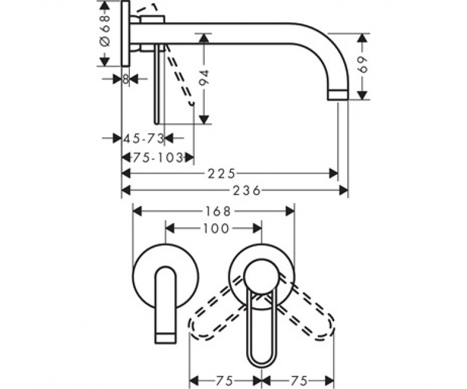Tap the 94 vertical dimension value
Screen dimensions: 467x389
pos(204,78)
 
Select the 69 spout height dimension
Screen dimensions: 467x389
pos(362,65)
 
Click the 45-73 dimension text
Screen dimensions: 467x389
pos(144,138)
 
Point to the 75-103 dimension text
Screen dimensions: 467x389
pos(157,157)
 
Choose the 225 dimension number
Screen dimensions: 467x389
pos(222,174)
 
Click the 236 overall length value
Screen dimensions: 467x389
pos(247,190)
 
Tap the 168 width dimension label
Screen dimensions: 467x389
pos(218,212)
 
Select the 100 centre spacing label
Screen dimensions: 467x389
pos(216,229)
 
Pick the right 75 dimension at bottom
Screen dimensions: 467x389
pos(299,381)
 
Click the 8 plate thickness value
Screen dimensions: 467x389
pos(126,79)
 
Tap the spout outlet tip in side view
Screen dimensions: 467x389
pos(338,95)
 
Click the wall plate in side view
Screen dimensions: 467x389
pos(126,34)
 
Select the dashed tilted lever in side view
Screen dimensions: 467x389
pos(179,74)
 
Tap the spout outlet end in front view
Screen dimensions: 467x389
pos(166,338)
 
